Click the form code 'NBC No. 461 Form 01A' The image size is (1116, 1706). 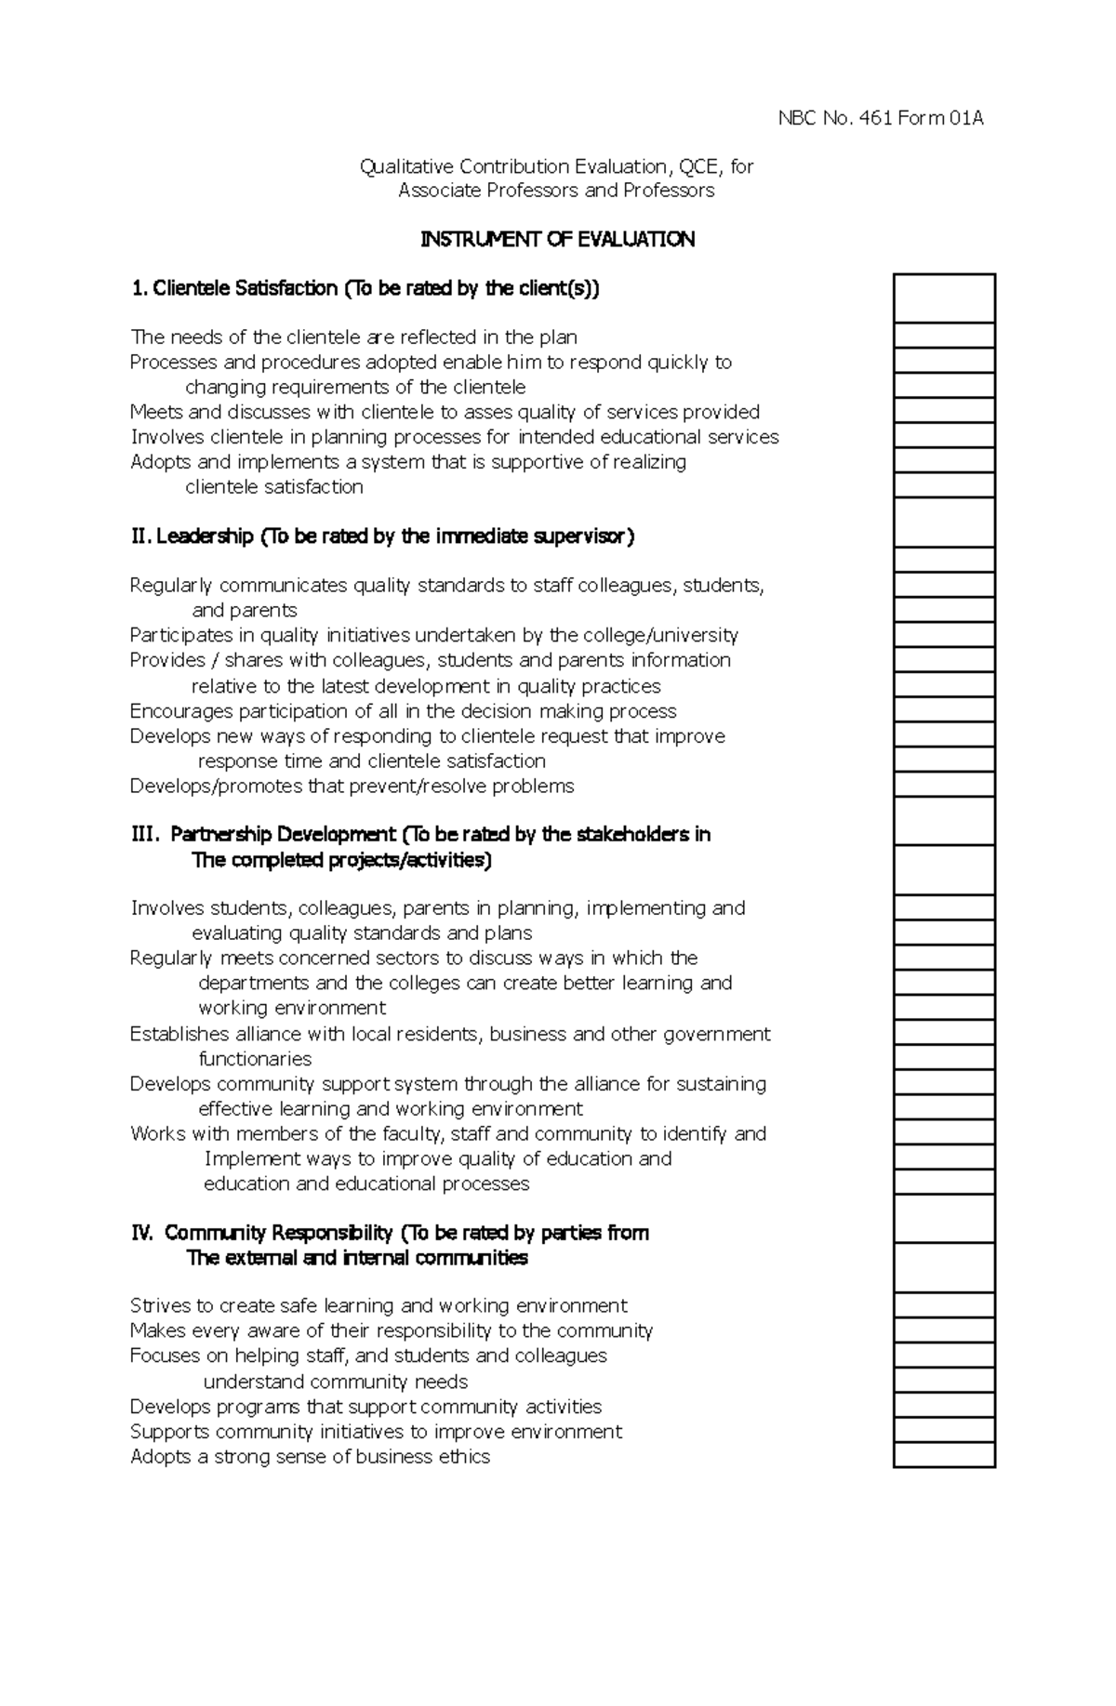(x=880, y=118)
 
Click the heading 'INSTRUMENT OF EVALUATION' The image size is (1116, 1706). (x=557, y=240)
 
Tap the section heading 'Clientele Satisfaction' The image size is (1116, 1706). (x=245, y=288)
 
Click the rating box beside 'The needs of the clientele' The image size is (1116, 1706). (x=944, y=336)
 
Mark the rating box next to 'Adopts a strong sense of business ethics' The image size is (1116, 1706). (x=944, y=1455)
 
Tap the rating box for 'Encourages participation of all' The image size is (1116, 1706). (x=944, y=710)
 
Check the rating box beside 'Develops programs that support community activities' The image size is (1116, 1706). (x=944, y=1405)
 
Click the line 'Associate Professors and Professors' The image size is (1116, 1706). (x=556, y=191)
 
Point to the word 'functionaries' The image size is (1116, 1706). (x=255, y=1059)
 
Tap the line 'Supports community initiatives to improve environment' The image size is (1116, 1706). (x=376, y=1432)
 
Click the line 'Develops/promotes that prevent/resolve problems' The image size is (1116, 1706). (x=352, y=787)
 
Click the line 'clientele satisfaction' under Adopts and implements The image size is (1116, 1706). (x=274, y=487)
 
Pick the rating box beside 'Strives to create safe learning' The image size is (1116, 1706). (x=944, y=1305)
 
